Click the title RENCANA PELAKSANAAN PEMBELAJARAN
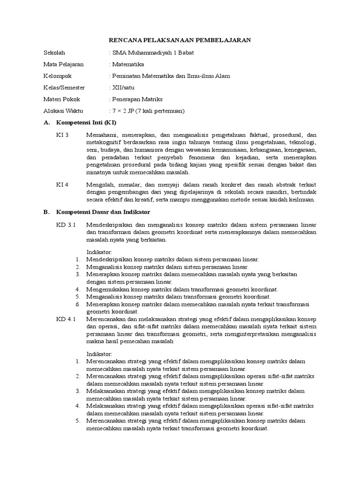[x=180, y=40]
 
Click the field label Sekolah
[x=54, y=52]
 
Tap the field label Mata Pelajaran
[x=62, y=64]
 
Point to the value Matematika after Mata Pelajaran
[x=128, y=64]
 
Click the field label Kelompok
[x=57, y=76]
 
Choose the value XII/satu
[x=123, y=88]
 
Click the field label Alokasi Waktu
[x=63, y=111]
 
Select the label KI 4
[x=62, y=185]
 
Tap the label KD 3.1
[x=66, y=225]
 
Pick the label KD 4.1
[x=66, y=319]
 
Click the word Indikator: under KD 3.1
[x=99, y=252]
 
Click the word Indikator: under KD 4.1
[x=99, y=353]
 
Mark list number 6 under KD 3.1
[x=78, y=304]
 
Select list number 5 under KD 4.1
[x=78, y=421]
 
